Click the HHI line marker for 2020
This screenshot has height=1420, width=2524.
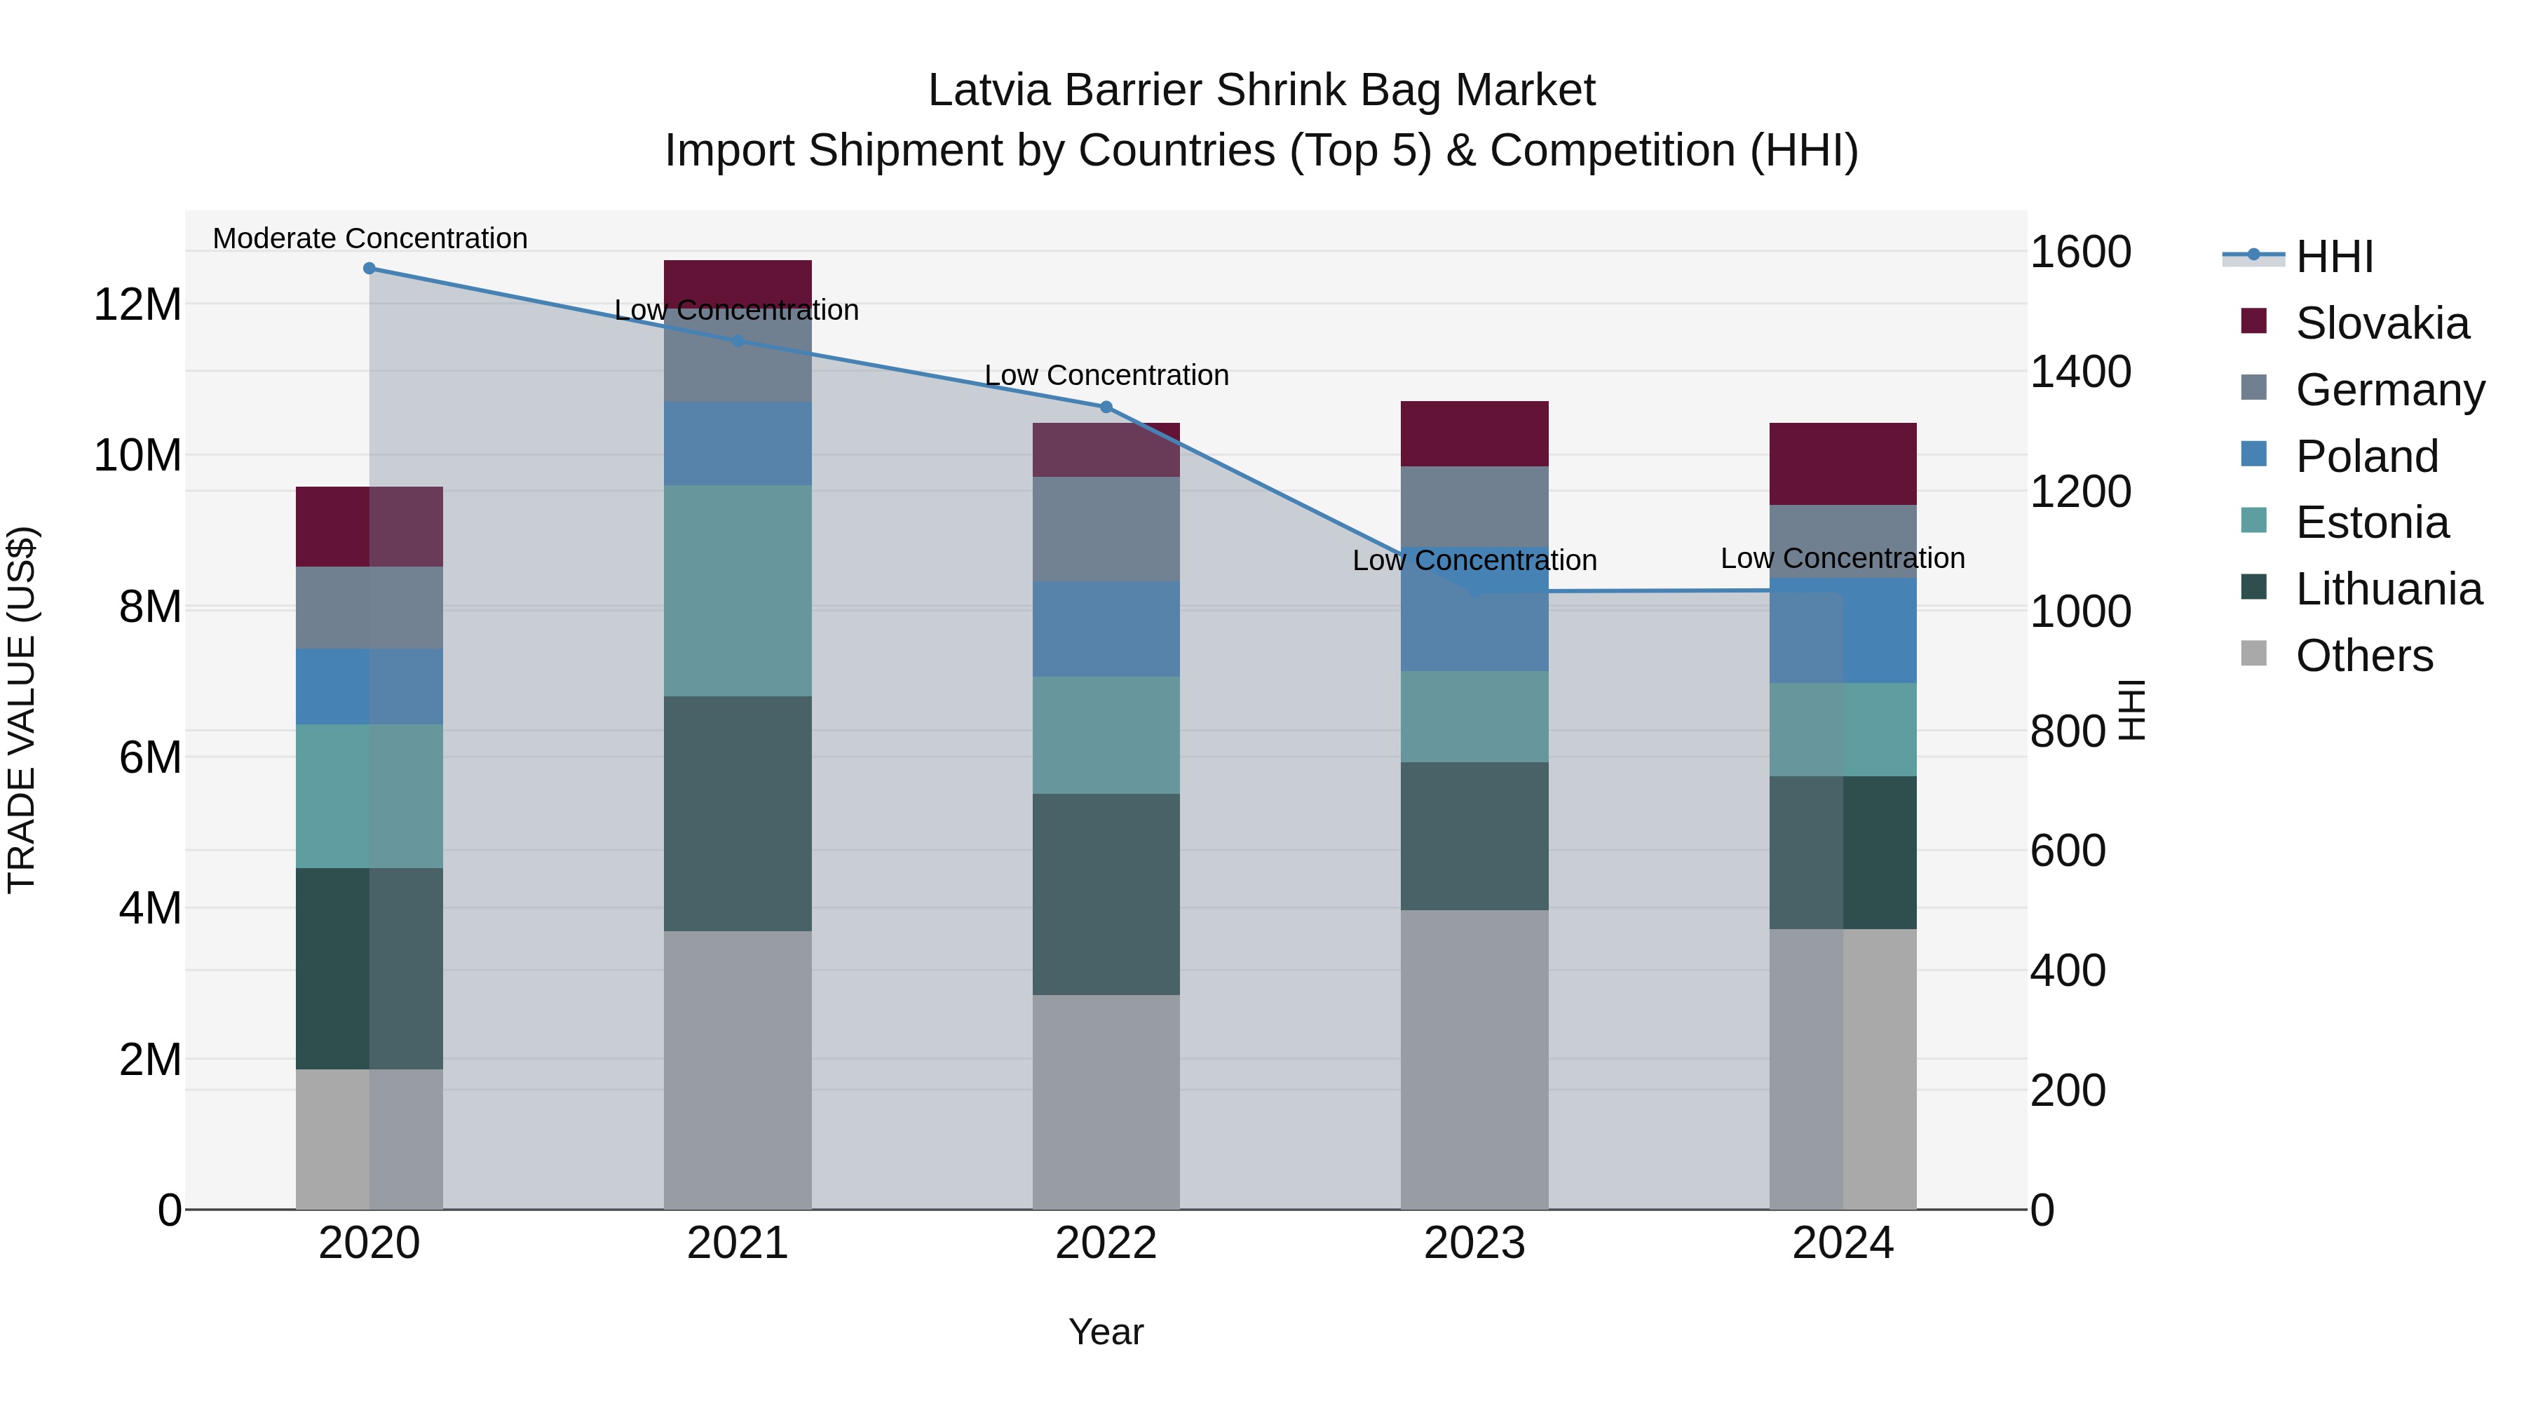369,269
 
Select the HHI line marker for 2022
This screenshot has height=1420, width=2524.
1106,407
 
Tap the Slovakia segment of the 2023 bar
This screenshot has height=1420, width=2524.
1474,433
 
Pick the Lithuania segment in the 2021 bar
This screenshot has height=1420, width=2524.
737,813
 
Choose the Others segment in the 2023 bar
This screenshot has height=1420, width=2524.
1474,1058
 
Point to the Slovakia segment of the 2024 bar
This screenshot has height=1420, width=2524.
1842,464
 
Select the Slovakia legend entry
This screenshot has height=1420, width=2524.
2381,323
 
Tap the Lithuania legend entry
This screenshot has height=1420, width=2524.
2388,589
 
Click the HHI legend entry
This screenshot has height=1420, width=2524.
2334,257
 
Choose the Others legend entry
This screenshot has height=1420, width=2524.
2363,656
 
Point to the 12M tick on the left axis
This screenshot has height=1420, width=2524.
137,305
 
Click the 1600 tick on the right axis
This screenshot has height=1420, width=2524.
2080,252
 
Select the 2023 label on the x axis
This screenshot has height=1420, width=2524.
1474,1243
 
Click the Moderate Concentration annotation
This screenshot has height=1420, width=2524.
369,238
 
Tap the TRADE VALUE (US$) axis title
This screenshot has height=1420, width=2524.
22,710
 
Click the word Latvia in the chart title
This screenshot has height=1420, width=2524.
989,90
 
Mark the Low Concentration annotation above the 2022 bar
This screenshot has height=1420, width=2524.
1106,375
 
